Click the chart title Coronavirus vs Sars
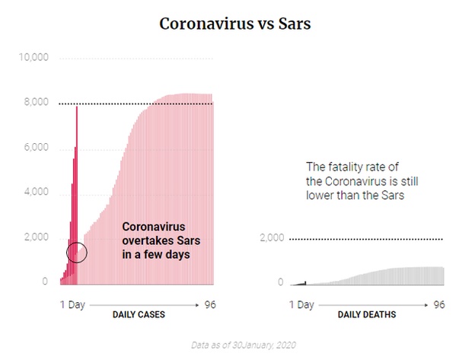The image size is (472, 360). pyautogui.click(x=235, y=24)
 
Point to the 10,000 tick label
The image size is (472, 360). pyautogui.click(x=33, y=57)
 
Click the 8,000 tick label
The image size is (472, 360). pyautogui.click(x=36, y=103)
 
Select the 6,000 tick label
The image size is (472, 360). pyautogui.click(x=36, y=148)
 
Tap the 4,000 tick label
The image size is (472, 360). pyautogui.click(x=36, y=193)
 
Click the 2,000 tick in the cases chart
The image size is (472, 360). pyautogui.click(x=36, y=238)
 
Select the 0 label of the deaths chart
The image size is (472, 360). pyautogui.click(x=280, y=282)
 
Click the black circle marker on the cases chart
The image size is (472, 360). pyautogui.click(x=77, y=253)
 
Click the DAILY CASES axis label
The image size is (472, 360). pyautogui.click(x=139, y=314)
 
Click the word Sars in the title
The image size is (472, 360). pyautogui.click(x=293, y=24)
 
